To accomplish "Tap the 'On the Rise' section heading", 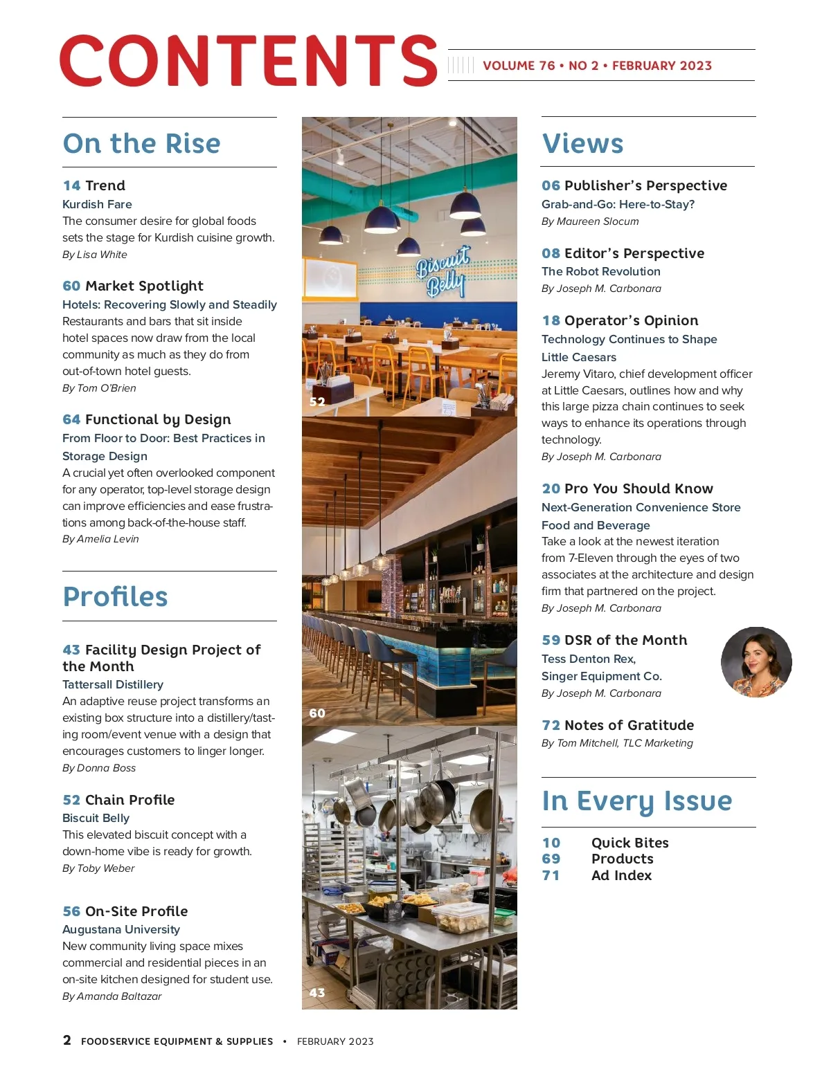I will pos(141,143).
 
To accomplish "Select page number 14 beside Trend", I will pos(71,185).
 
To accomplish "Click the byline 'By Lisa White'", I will pos(95,255).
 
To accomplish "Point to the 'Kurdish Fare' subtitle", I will pos(97,204).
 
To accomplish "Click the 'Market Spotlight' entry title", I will pos(144,286).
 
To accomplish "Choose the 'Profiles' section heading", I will pos(115,596).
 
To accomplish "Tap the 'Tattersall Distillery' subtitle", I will pos(113,684).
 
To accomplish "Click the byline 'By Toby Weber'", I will pos(98,868).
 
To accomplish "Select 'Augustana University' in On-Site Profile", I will pos(121,929).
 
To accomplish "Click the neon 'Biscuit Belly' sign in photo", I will pos(443,271).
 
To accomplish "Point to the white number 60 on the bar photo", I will pos(317,713).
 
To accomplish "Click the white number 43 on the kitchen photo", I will pos(317,992).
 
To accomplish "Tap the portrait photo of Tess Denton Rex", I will pos(756,662).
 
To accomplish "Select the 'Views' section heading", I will pos(582,143).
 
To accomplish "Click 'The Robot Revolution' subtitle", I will pos(601,271).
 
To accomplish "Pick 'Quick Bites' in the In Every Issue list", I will pos(629,843).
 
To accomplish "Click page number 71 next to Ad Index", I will pos(551,875).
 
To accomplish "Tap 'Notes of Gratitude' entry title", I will pos(629,725).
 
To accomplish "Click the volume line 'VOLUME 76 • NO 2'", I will pos(541,66).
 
